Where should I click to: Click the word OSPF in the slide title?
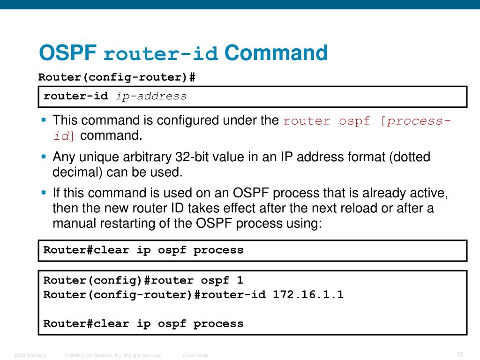67,53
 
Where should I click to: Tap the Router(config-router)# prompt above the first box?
117,77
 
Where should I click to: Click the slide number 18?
460,354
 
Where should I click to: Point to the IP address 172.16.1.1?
308,295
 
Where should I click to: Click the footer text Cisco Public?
195,356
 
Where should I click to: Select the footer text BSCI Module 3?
30,356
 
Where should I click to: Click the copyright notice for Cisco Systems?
113,356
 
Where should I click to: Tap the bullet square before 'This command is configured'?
44,120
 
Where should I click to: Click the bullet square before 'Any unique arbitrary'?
44,157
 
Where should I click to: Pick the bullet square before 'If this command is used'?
44,193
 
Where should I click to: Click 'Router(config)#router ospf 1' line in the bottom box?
143,281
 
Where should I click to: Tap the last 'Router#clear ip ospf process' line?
143,323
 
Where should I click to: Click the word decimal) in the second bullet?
77,172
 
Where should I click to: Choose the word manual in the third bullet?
75,223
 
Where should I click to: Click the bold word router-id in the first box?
75,97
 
